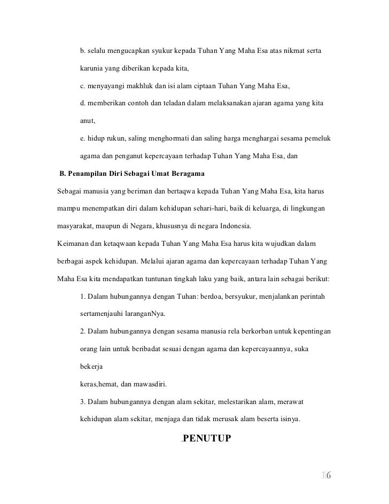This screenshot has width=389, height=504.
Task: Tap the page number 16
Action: [326, 475]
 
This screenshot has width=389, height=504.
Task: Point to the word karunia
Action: [92, 70]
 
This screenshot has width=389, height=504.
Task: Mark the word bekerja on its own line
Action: [91, 367]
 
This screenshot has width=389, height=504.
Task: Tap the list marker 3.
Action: [82, 401]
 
